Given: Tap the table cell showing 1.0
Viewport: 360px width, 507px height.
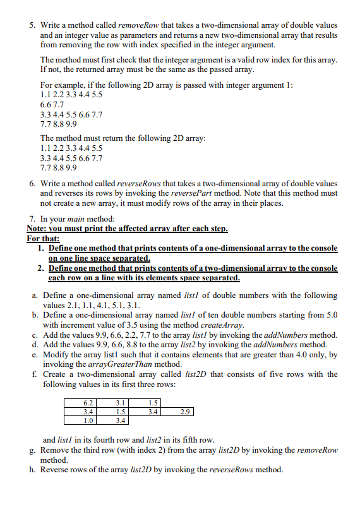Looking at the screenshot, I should tap(88, 419).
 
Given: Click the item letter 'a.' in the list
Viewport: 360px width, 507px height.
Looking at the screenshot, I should tap(33, 295).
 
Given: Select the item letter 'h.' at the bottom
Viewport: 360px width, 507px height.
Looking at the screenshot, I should tap(33, 469).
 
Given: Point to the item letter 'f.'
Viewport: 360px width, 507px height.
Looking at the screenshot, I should tap(32, 374).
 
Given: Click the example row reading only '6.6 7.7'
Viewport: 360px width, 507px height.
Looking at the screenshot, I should tap(52, 105).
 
